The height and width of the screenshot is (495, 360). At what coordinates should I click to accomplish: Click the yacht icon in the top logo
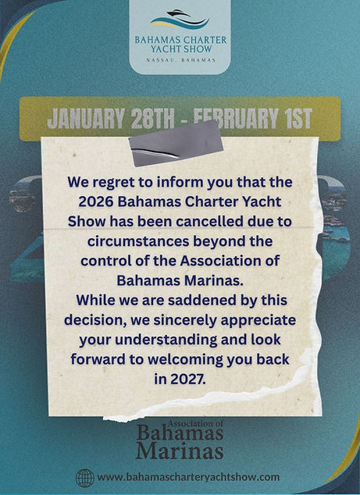[180, 17]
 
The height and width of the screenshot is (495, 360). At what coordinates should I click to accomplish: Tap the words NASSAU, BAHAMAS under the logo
[180, 59]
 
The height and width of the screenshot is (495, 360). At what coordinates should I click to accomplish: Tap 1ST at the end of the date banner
[293, 119]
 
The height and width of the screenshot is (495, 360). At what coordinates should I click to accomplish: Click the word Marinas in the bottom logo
[180, 450]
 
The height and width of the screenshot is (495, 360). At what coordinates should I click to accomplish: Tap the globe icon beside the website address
[84, 477]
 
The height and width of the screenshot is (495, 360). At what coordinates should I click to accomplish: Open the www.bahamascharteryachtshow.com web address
[188, 477]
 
